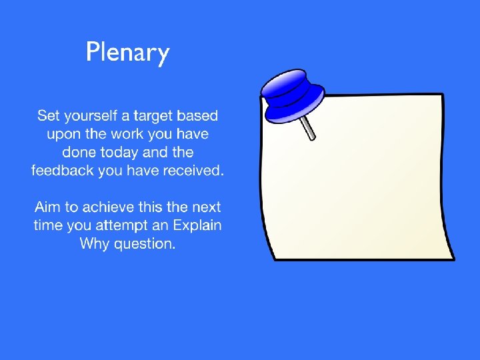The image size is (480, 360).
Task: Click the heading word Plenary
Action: [128, 52]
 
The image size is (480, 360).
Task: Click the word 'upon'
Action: [63, 135]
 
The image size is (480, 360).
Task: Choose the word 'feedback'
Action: [62, 170]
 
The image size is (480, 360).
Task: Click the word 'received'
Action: [193, 170]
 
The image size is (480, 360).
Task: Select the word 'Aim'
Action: [48, 207]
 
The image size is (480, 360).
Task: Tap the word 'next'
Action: [205, 207]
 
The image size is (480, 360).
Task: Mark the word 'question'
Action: [144, 244]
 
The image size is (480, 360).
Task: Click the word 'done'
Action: [80, 152]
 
